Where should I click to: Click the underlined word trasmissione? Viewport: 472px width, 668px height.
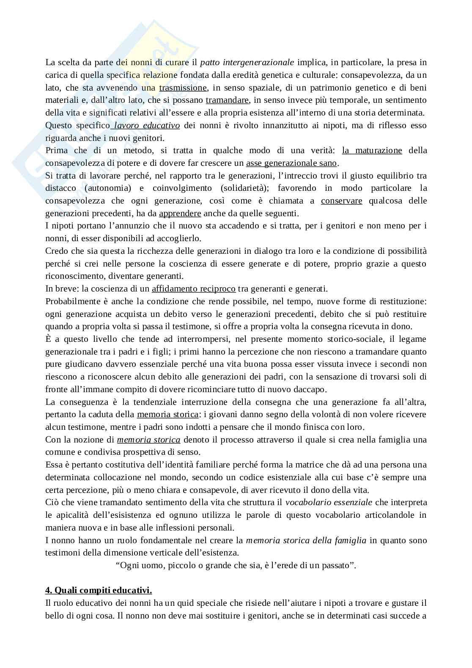[183, 88]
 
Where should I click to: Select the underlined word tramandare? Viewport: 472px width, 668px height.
[227, 100]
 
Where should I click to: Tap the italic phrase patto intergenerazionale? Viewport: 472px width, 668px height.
[247, 63]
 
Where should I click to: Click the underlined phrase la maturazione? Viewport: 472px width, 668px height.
[372, 151]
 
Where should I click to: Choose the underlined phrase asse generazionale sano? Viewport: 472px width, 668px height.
[291, 163]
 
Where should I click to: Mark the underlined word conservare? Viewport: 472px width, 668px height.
[341, 201]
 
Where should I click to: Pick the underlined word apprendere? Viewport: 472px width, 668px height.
[180, 214]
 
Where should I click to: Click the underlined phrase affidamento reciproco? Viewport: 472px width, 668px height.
[193, 289]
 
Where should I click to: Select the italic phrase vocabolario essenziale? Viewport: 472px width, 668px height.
[329, 503]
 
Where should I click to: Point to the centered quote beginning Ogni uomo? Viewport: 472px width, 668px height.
[236, 565]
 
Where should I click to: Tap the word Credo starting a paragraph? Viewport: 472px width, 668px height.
[55, 251]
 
